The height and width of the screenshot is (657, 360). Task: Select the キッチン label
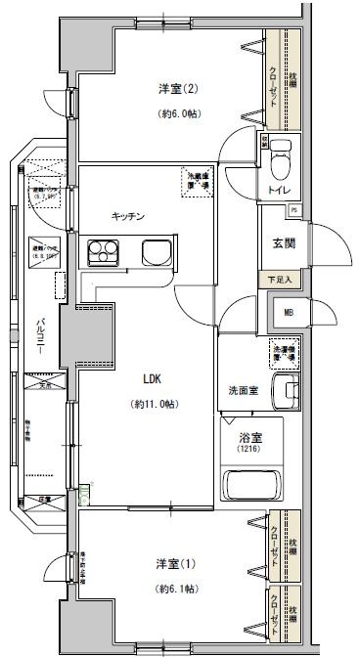pos(128,216)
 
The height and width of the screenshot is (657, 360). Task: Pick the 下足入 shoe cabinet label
pos(281,281)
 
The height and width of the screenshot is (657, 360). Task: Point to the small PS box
pos(295,209)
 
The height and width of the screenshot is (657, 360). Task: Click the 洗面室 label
pos(243,391)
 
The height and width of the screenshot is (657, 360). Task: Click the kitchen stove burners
pos(101,252)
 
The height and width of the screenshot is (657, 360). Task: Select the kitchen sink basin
pos(156,252)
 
